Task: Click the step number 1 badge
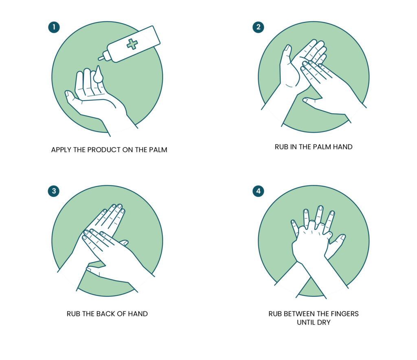[x=54, y=27]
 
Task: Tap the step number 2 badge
[x=258, y=27]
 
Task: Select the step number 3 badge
[x=54, y=191]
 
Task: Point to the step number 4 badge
[x=258, y=191]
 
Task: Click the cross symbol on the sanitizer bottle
[x=132, y=44]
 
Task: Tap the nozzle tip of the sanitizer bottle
[x=99, y=58]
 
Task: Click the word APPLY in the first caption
[x=61, y=150]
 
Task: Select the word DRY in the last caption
[x=324, y=322]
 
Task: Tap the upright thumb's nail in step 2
[x=288, y=48]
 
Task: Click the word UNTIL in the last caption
[x=306, y=322]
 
